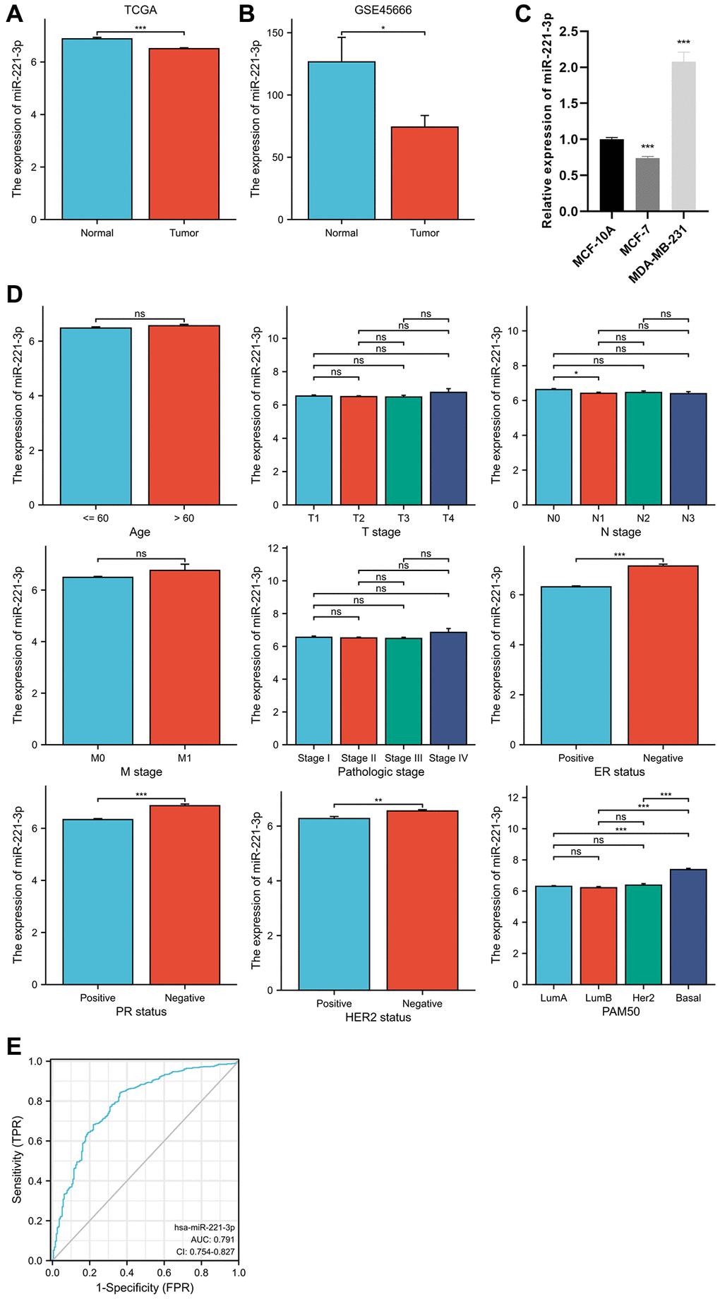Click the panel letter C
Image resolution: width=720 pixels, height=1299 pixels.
(x=523, y=14)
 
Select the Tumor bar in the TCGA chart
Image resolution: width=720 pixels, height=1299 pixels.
(x=184, y=134)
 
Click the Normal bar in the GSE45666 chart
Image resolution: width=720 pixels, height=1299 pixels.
(x=342, y=141)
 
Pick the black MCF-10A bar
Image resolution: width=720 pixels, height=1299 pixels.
(x=611, y=175)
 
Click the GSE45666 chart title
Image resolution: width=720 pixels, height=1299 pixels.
(x=383, y=11)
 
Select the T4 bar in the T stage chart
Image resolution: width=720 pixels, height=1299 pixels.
(x=448, y=448)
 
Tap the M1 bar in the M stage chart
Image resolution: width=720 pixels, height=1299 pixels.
(x=184, y=657)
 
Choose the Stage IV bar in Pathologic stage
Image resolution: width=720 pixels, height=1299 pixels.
(x=448, y=688)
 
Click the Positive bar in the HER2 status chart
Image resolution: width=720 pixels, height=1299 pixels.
(x=334, y=904)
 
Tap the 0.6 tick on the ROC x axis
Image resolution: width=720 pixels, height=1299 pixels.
(x=164, y=1272)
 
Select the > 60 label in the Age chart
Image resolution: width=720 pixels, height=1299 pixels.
(x=184, y=518)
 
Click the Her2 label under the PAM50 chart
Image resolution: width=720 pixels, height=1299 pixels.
(x=643, y=998)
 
